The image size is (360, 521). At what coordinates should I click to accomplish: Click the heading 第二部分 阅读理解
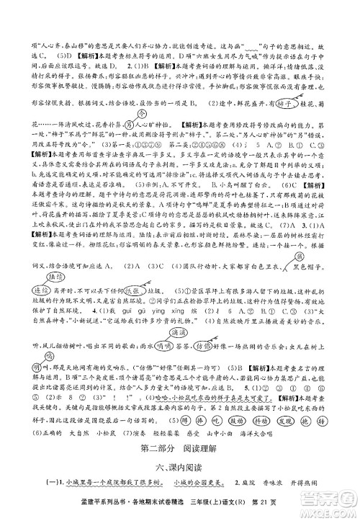coord(179,451)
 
